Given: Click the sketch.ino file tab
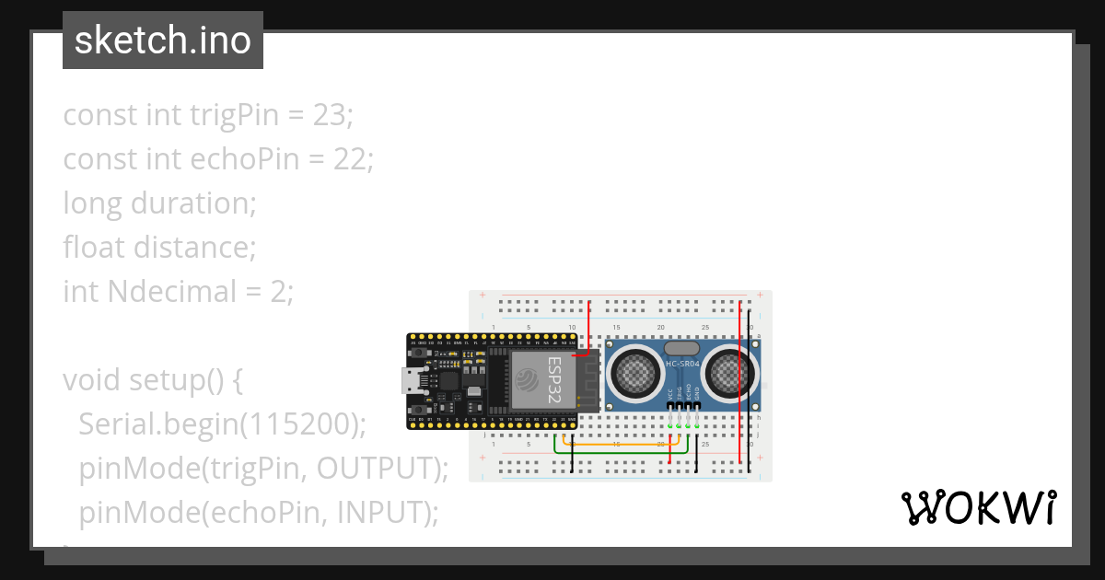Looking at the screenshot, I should click(x=163, y=41).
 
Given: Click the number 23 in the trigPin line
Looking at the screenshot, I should click(x=332, y=115).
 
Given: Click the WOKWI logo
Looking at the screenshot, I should click(x=978, y=507).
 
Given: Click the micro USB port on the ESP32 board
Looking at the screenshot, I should click(x=409, y=380).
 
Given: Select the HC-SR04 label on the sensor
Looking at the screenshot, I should click(x=682, y=365).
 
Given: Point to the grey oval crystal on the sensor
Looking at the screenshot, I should click(x=681, y=349).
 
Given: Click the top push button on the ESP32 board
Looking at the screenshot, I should click(x=420, y=353).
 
